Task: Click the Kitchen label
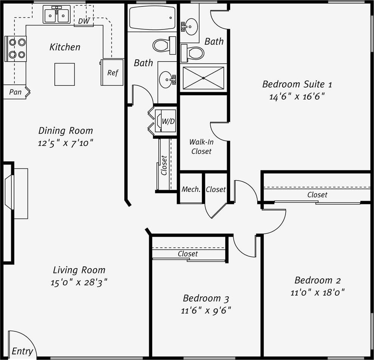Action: pos(65,47)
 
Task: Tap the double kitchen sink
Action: pos(57,15)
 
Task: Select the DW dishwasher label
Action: pos(84,21)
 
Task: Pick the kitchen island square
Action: pos(65,74)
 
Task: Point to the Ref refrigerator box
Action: pos(112,72)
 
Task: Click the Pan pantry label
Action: pos(15,92)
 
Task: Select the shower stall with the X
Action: pos(203,78)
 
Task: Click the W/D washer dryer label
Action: pos(168,122)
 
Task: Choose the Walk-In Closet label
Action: pos(201,147)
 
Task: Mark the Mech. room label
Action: pos(191,189)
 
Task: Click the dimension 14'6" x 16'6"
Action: pos(297,96)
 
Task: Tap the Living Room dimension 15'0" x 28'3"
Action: pos(79,283)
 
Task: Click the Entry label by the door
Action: pos(22,351)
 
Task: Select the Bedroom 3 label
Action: pos(206,298)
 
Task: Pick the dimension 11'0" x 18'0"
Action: pos(318,292)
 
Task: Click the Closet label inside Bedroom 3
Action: pos(188,254)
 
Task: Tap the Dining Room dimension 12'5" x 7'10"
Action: pos(66,143)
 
